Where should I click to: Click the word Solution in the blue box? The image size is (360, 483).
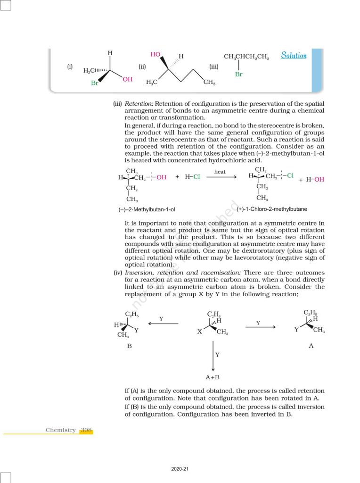pyautogui.click(x=294, y=56)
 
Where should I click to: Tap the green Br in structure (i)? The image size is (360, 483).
pyautogui.click(x=95, y=83)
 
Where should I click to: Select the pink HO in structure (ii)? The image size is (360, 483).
pyautogui.click(x=155, y=55)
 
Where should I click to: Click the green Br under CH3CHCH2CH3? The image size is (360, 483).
pyautogui.click(x=238, y=75)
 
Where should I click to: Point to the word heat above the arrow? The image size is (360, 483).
pyautogui.click(x=220, y=172)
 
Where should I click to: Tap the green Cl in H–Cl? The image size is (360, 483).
pyautogui.click(x=196, y=177)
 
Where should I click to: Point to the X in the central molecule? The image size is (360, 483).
pyautogui.click(x=199, y=332)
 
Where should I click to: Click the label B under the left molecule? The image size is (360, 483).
pyautogui.click(x=129, y=346)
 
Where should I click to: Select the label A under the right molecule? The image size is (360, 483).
pyautogui.click(x=311, y=346)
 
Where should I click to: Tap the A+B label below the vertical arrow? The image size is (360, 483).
pyautogui.click(x=213, y=377)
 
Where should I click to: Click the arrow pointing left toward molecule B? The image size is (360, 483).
pyautogui.click(x=163, y=324)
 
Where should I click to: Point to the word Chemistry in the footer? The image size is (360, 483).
pyautogui.click(x=60, y=430)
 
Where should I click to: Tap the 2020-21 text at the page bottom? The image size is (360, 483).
pyautogui.click(x=180, y=469)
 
